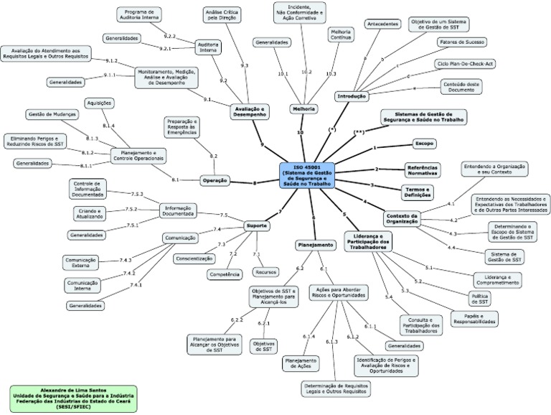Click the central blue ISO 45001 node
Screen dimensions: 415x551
click(309, 175)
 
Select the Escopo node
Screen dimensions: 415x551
click(425, 144)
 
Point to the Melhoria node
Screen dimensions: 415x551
click(304, 108)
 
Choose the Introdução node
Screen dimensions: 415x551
click(352, 95)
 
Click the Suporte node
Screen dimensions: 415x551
click(256, 225)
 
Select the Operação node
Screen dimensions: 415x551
click(215, 180)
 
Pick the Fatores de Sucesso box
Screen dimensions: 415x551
click(461, 42)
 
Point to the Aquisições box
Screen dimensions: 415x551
click(99, 103)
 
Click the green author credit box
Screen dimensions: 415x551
click(73, 398)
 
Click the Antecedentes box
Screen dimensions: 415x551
click(382, 24)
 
